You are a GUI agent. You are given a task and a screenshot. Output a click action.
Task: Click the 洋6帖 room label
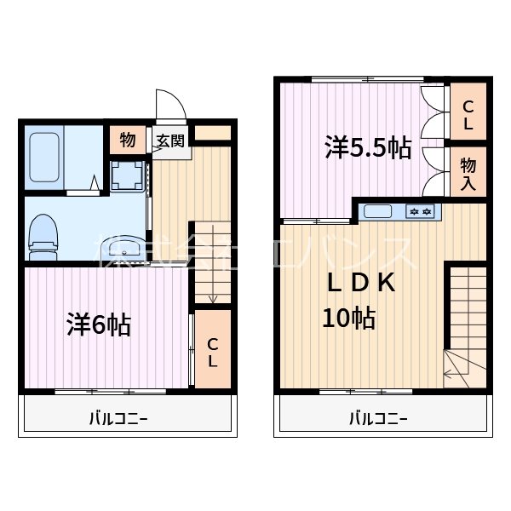click(99, 325)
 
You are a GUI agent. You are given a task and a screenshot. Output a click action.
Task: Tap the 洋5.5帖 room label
click(367, 148)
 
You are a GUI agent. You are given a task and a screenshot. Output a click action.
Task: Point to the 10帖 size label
click(349, 319)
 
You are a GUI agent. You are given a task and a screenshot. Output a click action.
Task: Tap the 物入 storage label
click(468, 171)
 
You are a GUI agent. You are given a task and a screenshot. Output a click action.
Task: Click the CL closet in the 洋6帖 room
click(213, 352)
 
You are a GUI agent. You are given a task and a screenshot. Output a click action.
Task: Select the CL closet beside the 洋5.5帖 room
click(468, 115)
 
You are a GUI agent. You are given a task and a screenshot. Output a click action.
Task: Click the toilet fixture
click(43, 236)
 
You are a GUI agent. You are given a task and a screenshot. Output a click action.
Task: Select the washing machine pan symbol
click(129, 175)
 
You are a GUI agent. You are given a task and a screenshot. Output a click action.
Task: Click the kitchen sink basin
click(379, 211)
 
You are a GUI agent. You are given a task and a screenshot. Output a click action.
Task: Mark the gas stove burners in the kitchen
click(421, 211)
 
